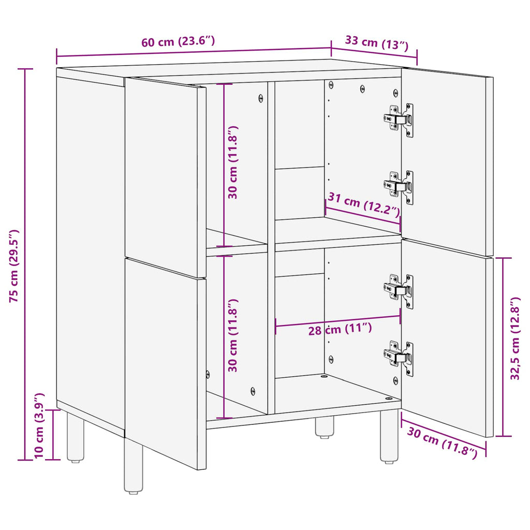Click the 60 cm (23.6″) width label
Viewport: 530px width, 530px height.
coord(178,42)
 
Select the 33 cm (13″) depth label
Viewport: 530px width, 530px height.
coord(374,43)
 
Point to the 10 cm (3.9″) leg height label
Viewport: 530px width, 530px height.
coord(39,426)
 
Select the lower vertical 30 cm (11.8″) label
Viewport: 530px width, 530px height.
coord(233,335)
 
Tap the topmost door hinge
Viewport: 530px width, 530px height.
coord(400,120)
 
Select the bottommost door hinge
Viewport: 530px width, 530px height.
coord(400,358)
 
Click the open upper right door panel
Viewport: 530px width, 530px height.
coord(447,160)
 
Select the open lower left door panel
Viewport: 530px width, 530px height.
coord(165,362)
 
